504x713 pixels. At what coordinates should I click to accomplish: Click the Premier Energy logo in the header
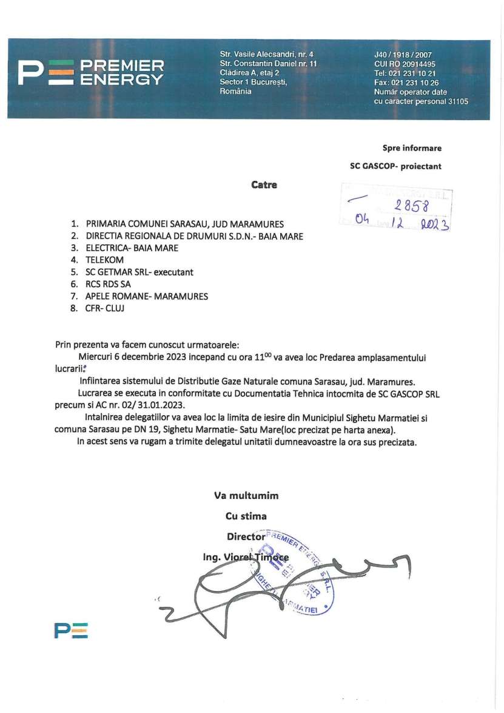pos(90,73)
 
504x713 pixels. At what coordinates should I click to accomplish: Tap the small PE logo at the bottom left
pos(70,630)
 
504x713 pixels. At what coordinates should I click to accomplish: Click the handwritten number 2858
pos(412,206)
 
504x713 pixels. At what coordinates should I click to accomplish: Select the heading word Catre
pos(264,184)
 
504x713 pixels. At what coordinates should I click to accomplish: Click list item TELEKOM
pos(105,260)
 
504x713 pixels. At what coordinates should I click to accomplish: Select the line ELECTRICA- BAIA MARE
pos(132,248)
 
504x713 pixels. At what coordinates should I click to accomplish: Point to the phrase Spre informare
pos(412,148)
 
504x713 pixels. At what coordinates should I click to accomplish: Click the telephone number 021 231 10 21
pos(414,73)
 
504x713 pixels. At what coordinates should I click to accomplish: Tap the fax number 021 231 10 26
pos(414,83)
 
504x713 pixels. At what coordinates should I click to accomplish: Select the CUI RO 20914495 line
pos(405,64)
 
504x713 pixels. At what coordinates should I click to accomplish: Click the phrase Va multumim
pos(246,495)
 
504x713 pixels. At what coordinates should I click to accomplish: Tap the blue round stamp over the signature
pos(298,575)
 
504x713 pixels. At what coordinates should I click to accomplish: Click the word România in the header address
pos(235,91)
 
